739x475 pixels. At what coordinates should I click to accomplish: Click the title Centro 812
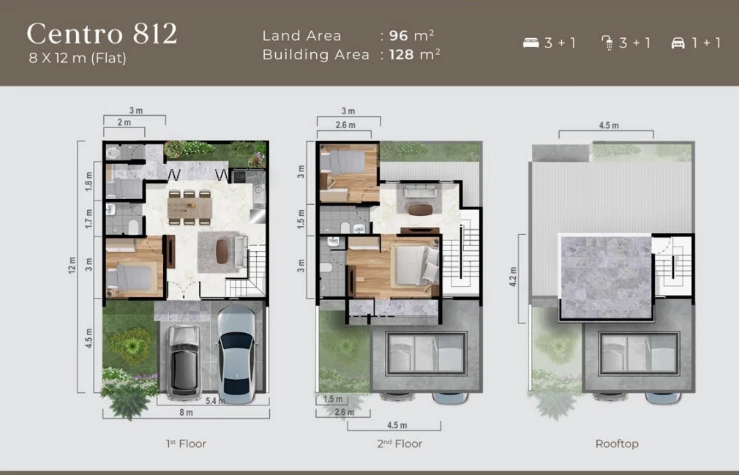102,34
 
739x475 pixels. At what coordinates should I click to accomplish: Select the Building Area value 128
401,55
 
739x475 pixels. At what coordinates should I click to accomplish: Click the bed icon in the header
530,43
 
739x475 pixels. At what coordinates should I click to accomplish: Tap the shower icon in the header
607,43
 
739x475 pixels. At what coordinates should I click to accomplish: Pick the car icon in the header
678,43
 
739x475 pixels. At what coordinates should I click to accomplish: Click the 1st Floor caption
186,444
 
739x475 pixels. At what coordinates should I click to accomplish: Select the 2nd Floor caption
399,444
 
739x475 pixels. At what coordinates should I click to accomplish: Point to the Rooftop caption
617,444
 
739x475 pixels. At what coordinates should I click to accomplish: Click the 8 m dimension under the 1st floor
186,413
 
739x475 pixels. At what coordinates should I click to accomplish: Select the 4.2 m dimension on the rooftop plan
514,277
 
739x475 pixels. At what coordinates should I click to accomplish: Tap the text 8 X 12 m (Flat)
78,59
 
